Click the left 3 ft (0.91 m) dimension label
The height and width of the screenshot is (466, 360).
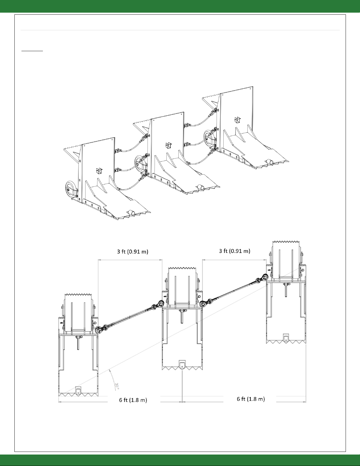coord(133,251)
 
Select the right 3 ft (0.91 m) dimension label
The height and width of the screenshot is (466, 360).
coord(235,251)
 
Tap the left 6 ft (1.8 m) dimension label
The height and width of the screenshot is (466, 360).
coord(133,400)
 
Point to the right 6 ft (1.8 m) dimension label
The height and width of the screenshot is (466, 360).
coord(251,399)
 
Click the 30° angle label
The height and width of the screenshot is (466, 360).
coord(117,385)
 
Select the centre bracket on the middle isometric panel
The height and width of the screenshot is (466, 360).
coord(168,145)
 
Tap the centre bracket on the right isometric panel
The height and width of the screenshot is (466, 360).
coord(237,120)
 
